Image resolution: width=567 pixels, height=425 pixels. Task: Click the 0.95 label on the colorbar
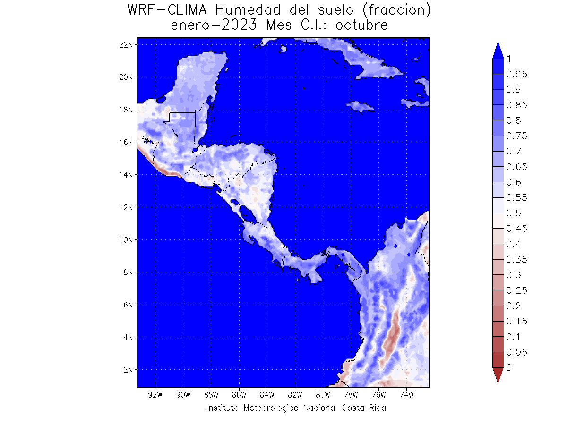click(517, 74)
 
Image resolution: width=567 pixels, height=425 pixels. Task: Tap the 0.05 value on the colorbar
click(517, 352)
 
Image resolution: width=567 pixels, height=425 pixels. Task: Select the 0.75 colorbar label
click(517, 136)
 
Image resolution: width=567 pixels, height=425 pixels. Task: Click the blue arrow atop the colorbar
click(498, 51)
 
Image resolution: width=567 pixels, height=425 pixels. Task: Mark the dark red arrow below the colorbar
click(498, 375)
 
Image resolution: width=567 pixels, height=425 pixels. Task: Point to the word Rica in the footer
click(377, 408)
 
